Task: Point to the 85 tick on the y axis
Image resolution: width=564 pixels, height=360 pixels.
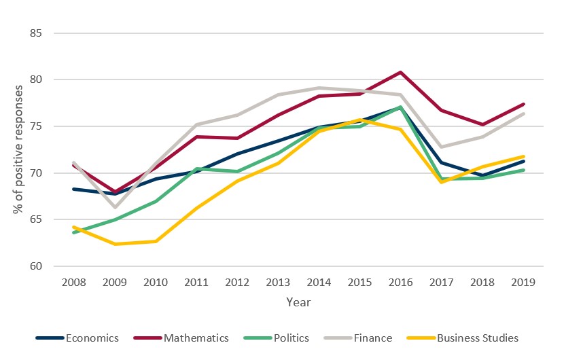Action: (x=36, y=33)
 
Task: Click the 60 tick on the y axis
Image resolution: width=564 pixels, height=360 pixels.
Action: (x=36, y=266)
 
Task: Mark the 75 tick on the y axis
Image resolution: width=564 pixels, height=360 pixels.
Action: (x=36, y=126)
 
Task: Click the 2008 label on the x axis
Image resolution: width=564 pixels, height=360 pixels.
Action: (x=73, y=282)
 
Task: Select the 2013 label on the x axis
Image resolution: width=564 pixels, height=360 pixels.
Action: (x=279, y=282)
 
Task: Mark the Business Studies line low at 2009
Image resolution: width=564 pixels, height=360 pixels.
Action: (x=114, y=244)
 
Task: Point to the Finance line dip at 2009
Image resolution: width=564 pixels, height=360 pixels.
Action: (x=114, y=207)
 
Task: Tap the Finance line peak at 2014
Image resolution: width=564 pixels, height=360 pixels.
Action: (x=319, y=88)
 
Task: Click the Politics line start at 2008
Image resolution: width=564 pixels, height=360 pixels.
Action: (x=73, y=232)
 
